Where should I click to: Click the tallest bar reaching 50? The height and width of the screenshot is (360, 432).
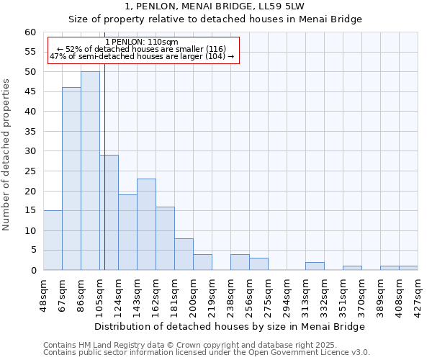pyautogui.click(x=90, y=171)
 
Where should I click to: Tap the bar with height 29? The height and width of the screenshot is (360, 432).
pyautogui.click(x=109, y=212)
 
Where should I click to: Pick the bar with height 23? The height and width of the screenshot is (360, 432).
pyautogui.click(x=146, y=224)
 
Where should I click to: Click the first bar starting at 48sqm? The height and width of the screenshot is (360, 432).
pyautogui.click(x=53, y=240)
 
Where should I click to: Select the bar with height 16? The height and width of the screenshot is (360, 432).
pyautogui.click(x=165, y=238)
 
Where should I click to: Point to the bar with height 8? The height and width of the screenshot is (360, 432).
pyautogui.click(x=184, y=254)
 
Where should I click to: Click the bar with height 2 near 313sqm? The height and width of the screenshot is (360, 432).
pyautogui.click(x=315, y=266)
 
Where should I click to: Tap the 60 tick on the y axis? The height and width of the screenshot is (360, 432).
pyautogui.click(x=30, y=32)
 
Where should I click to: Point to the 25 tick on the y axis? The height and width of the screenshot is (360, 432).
pyautogui.click(x=30, y=171)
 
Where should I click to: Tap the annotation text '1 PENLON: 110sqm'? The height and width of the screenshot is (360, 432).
pyautogui.click(x=141, y=42)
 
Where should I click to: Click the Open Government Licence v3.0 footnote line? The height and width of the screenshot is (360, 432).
pyautogui.click(x=207, y=353)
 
